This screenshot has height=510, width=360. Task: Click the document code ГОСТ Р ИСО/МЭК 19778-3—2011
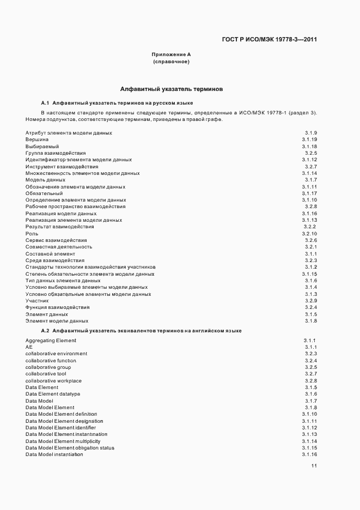tap(270, 39)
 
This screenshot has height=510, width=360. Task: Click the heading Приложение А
tap(171, 54)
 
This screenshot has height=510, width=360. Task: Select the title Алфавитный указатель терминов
tap(170, 89)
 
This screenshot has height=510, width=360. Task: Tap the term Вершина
tap(36, 140)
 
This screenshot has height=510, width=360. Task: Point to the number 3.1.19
tap(309, 140)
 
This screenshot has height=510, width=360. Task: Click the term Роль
tap(32, 233)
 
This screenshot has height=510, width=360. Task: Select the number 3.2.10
tap(309, 233)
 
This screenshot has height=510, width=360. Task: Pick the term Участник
tap(38, 301)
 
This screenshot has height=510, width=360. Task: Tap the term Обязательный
tap(44, 193)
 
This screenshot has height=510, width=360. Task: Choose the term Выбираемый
tap(42, 147)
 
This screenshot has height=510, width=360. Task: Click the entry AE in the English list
tap(29, 347)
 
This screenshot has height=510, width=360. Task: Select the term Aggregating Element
tap(51, 341)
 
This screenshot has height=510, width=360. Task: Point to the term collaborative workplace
tap(53, 381)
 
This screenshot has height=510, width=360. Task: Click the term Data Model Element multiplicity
tap(63, 441)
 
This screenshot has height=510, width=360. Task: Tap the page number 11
tap(314, 466)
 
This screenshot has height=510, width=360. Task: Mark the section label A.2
tap(45, 331)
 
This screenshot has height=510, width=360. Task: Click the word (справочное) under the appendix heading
tap(171, 62)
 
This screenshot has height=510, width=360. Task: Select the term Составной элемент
tap(50, 254)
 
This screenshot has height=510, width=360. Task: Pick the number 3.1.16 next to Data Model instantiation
tap(309, 454)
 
